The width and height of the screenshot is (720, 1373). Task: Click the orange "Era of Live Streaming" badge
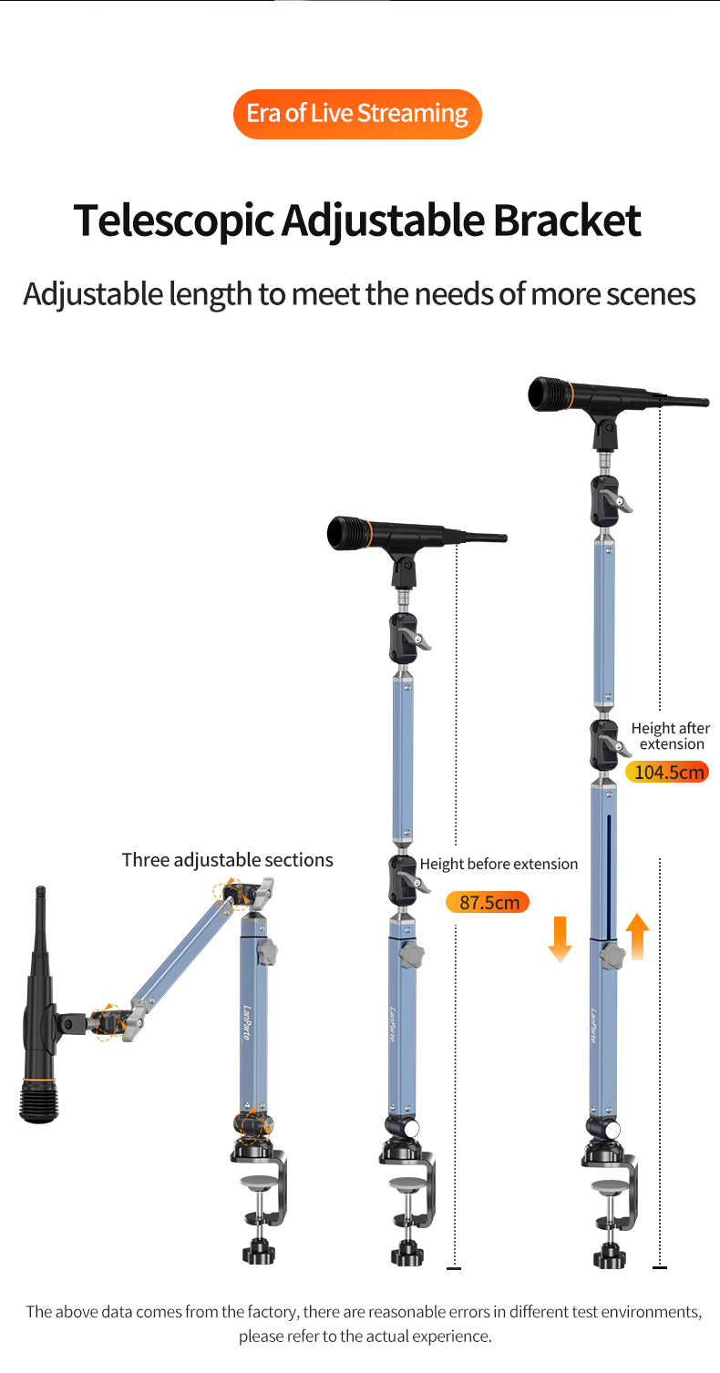(357, 114)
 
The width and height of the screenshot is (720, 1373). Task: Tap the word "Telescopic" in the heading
(173, 221)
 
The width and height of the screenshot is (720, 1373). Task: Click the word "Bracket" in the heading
(567, 220)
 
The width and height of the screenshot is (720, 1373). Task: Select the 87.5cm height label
(488, 902)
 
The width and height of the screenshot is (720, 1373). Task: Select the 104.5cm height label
(667, 772)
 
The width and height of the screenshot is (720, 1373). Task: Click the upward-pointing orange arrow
(637, 937)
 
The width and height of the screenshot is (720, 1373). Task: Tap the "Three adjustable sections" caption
(228, 860)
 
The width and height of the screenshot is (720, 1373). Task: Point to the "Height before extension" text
(499, 865)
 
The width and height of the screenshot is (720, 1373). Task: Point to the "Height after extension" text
(671, 735)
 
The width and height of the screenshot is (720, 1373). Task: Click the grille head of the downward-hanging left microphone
(38, 1101)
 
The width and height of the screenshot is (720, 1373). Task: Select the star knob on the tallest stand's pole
(612, 957)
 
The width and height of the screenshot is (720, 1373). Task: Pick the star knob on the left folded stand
(266, 952)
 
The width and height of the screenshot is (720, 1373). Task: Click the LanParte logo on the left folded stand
(247, 1022)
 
